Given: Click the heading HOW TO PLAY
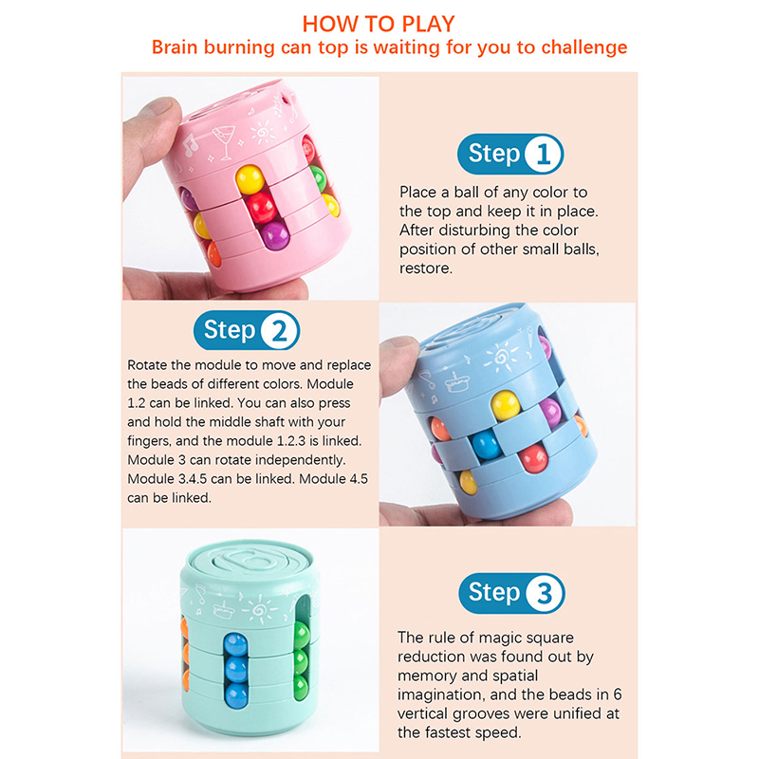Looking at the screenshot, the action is click(x=379, y=24).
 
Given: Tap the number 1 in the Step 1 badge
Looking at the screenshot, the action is click(x=543, y=154).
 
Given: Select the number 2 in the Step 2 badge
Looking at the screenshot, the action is click(x=279, y=330).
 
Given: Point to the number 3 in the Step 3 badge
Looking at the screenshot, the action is click(x=545, y=594).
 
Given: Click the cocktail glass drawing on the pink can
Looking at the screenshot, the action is click(x=224, y=140).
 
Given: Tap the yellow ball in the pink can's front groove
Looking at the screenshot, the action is click(x=250, y=179).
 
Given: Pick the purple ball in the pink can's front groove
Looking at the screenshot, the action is click(x=275, y=235).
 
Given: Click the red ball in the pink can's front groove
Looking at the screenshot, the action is click(x=262, y=207).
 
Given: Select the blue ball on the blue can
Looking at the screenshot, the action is click(x=486, y=445).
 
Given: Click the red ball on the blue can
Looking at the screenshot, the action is click(x=533, y=458).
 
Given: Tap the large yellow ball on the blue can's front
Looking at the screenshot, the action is click(x=506, y=405).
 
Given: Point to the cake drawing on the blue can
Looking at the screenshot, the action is click(x=456, y=382).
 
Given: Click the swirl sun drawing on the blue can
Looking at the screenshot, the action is click(x=502, y=357).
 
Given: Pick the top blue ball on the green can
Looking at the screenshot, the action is click(x=235, y=644).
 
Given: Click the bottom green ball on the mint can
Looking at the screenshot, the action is click(x=301, y=687).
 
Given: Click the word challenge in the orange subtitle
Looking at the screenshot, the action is click(x=583, y=47).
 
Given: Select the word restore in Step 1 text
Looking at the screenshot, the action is click(x=425, y=268).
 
